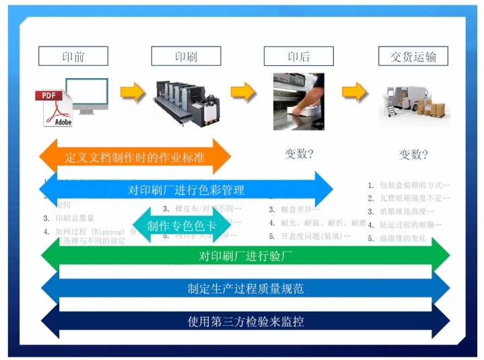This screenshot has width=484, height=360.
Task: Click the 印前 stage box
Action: click(x=73, y=57)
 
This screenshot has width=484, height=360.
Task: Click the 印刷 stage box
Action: click(x=186, y=57)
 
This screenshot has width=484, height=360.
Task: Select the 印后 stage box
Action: click(x=298, y=57)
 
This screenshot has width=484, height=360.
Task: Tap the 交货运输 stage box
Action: click(x=413, y=57)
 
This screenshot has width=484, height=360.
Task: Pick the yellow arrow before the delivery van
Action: click(x=355, y=91)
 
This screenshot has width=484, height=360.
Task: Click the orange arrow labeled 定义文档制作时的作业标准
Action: click(x=135, y=157)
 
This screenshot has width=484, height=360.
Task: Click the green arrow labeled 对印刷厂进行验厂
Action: click(x=246, y=256)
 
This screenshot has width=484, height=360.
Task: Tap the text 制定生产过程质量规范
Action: click(x=246, y=289)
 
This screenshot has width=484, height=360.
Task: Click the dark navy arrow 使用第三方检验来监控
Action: click(x=246, y=321)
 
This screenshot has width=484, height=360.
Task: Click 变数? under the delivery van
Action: click(x=413, y=155)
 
